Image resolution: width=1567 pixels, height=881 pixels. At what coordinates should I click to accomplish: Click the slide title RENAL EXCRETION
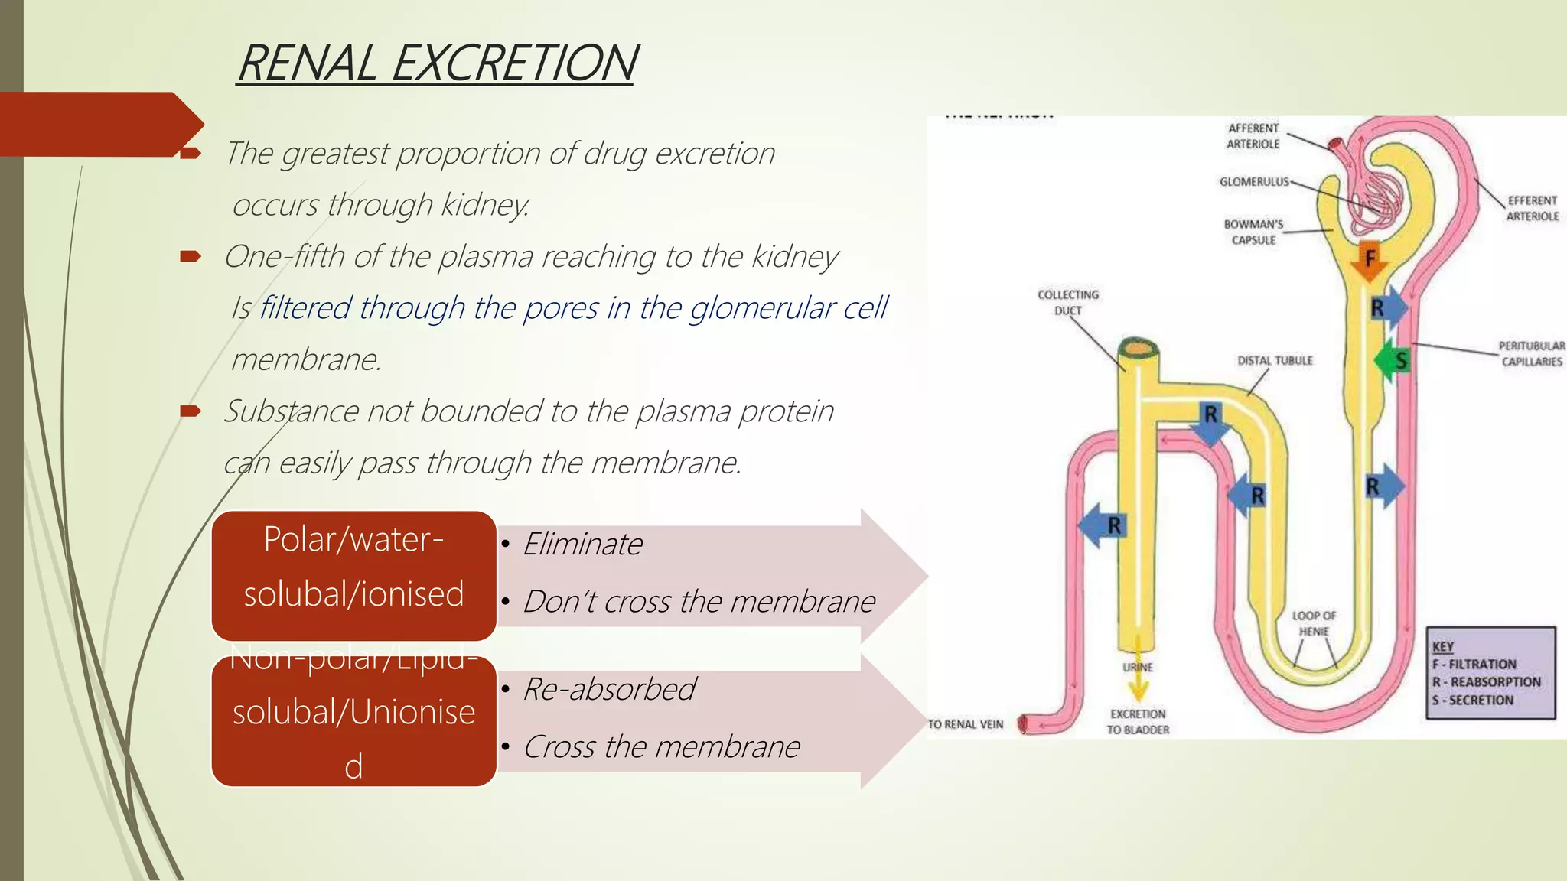pyautogui.click(x=436, y=63)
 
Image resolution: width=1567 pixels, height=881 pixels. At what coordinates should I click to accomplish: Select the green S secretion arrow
pyautogui.click(x=1392, y=360)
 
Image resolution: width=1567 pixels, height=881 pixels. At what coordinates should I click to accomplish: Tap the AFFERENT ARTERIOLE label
pyautogui.click(x=1253, y=136)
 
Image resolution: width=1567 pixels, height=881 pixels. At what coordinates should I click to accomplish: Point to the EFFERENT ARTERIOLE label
pyautogui.click(x=1532, y=208)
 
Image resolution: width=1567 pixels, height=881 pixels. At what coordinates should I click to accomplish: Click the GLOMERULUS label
pyautogui.click(x=1254, y=182)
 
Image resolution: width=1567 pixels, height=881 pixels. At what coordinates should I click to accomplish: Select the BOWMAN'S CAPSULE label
pyautogui.click(x=1253, y=232)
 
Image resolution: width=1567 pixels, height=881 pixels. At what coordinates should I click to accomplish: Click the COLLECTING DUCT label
pyautogui.click(x=1068, y=302)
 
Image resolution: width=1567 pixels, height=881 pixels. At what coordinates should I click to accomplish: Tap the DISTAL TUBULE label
pyautogui.click(x=1275, y=361)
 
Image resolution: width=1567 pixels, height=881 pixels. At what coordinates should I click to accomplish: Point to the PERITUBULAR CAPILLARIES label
pyautogui.click(x=1531, y=353)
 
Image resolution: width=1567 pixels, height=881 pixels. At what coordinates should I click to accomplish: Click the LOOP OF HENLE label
pyautogui.click(x=1314, y=623)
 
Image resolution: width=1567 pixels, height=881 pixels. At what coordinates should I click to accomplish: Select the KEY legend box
pyautogui.click(x=1490, y=673)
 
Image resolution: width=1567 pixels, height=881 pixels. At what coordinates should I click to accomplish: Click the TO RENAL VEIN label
pyautogui.click(x=966, y=724)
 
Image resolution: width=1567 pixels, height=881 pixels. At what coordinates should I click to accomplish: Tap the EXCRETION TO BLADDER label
pyautogui.click(x=1138, y=721)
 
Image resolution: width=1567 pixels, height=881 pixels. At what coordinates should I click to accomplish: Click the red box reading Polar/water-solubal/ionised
pyautogui.click(x=353, y=575)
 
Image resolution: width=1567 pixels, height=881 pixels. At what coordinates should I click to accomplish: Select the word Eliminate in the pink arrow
pyautogui.click(x=583, y=545)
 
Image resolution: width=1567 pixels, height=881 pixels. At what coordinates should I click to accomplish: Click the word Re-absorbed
pyautogui.click(x=609, y=689)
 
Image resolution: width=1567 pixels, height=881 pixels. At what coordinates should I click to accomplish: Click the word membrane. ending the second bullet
pyautogui.click(x=306, y=359)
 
